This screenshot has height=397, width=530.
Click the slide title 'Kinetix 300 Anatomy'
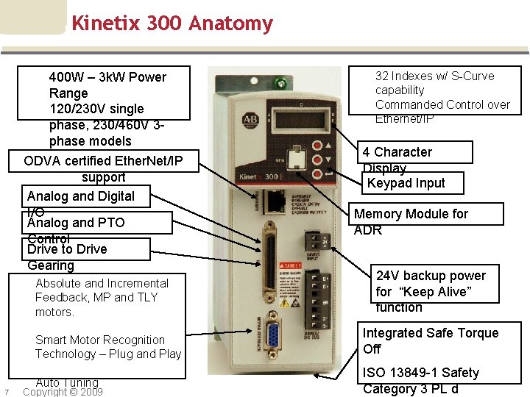tap(172, 24)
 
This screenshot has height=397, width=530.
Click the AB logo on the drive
tap(250, 119)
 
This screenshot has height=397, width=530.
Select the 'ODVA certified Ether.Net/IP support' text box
tap(103, 168)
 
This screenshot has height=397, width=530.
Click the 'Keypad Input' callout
tap(406, 183)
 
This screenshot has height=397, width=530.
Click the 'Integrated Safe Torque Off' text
tap(431, 340)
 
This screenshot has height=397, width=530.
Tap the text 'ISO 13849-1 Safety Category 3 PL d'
tap(421, 381)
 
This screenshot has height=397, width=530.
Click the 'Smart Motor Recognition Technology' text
tap(108, 347)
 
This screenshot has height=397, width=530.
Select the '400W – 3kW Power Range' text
tap(107, 85)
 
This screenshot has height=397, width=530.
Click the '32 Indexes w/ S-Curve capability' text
tap(434, 82)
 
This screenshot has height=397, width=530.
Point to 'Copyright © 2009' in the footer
tap(63, 392)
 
